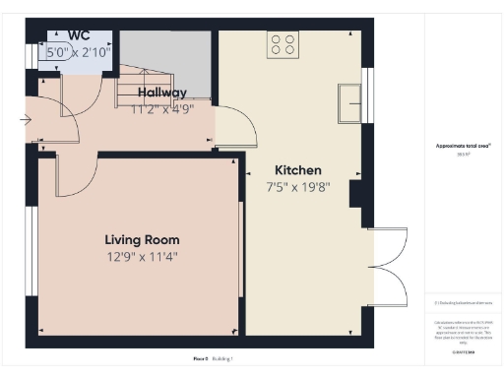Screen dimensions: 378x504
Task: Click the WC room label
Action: [78, 34]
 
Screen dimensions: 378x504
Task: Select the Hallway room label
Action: [162, 93]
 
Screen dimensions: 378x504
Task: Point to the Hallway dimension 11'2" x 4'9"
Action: [162, 108]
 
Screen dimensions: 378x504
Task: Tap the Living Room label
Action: [143, 239]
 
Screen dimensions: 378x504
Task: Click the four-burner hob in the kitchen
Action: [283, 44]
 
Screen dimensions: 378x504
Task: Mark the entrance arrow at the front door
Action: [25, 120]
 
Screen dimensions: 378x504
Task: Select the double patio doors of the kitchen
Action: [390, 266]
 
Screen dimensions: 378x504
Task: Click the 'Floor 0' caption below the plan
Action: [200, 359]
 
